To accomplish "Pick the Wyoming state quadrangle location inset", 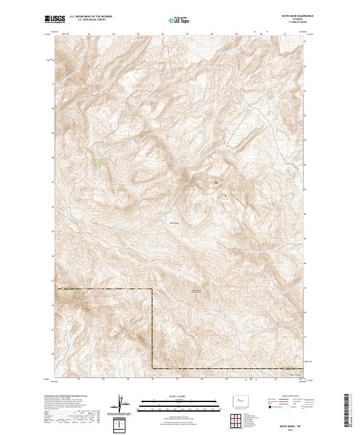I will tap(238, 398).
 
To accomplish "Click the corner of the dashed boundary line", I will tap(151, 289).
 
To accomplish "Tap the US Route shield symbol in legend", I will tap(281, 406).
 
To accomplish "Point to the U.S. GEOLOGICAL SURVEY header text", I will tap(86, 21).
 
